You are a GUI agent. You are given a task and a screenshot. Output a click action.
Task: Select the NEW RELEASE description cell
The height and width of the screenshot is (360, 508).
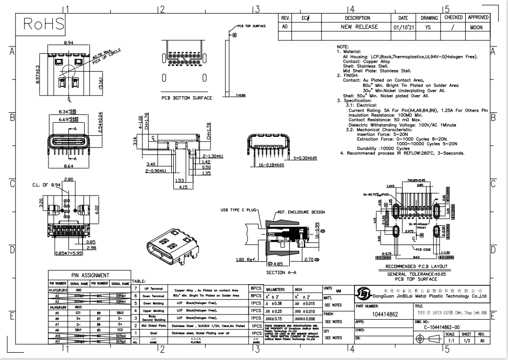pos(358,27)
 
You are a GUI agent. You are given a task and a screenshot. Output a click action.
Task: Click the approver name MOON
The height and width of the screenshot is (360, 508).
pos(476,27)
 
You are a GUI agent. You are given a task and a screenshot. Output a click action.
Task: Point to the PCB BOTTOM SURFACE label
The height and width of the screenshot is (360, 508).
pos(186,98)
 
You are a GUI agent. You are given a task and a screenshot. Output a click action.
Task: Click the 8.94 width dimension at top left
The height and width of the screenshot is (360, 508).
pos(68,42)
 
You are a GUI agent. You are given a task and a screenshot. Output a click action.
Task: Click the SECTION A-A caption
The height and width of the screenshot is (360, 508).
pos(282,273)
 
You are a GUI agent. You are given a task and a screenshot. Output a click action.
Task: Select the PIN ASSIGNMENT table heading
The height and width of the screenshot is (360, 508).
pos(90,275)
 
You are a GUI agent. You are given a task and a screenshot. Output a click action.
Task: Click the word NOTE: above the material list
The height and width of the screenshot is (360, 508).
pos(342,46)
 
